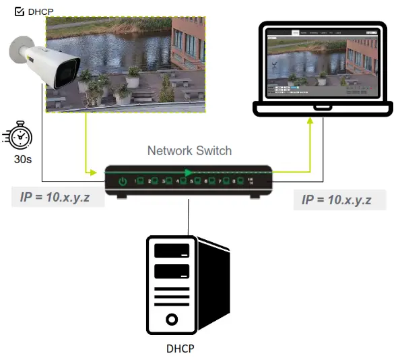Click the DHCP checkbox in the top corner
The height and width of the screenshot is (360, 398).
tap(19, 11)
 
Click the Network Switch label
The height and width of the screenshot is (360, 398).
tap(189, 151)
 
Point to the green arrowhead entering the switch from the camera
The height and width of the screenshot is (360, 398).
tap(92, 173)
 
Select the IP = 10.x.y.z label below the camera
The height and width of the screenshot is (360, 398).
tap(57, 198)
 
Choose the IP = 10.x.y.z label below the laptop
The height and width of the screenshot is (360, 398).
tap(340, 200)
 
